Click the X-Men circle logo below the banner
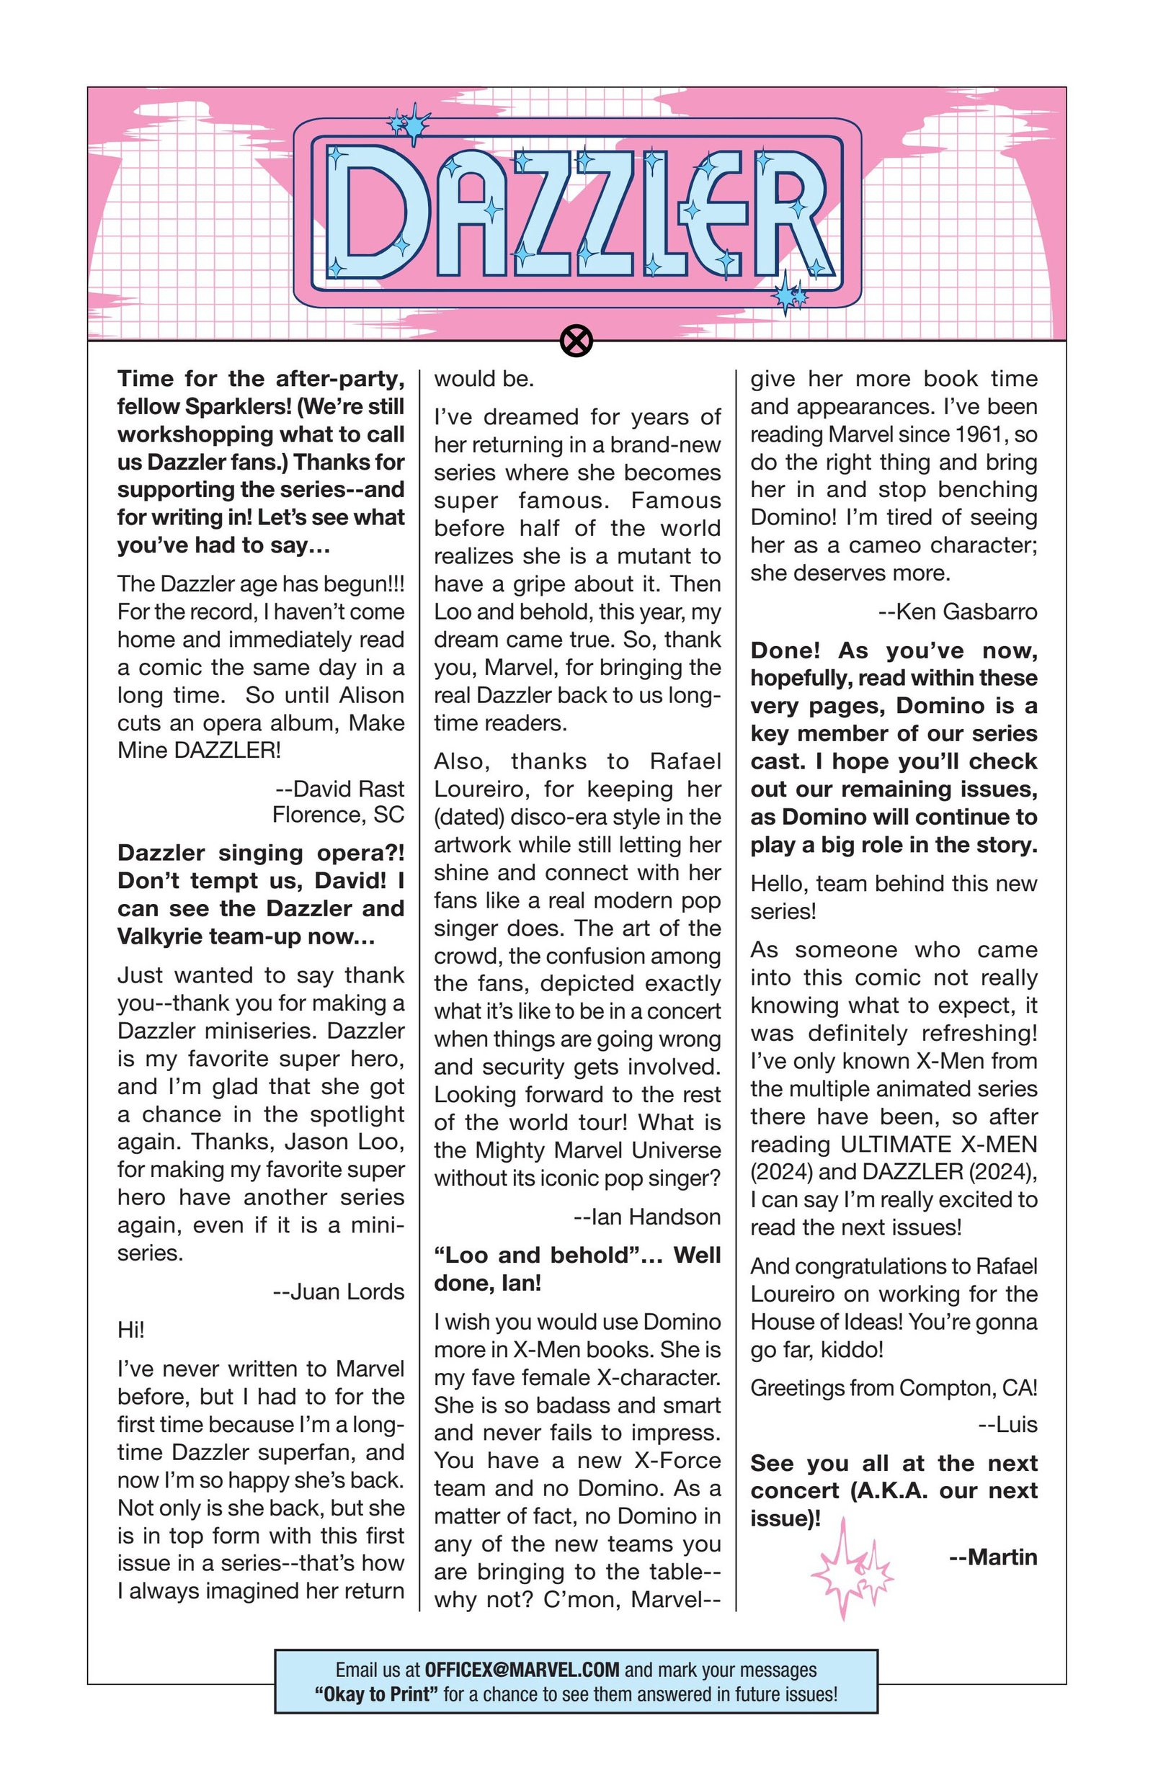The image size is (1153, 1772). (x=576, y=341)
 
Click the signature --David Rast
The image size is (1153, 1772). (x=339, y=788)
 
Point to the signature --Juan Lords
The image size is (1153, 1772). (x=339, y=1291)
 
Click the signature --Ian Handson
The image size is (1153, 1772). (x=647, y=1217)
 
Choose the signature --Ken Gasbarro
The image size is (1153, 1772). (x=958, y=612)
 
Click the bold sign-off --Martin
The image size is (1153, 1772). (x=993, y=1557)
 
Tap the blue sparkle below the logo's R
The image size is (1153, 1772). (x=789, y=295)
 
